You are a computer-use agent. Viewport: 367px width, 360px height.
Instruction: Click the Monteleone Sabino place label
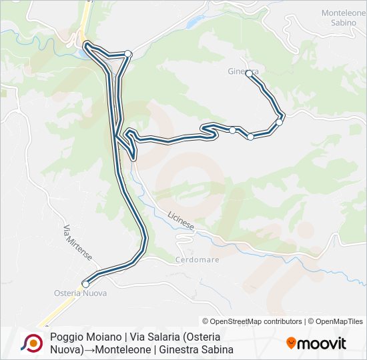coord(344,17)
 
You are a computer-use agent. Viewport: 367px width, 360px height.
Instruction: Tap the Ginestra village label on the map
coord(243,70)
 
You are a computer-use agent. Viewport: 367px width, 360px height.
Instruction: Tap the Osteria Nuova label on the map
coord(79,293)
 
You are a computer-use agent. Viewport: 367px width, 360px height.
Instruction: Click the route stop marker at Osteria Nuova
coord(85,284)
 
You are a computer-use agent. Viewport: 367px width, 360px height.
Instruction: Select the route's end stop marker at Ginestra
coord(249,74)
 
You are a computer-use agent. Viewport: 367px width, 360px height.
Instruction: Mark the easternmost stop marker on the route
coord(280,122)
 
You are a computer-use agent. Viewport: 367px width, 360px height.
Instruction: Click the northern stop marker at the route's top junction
coord(128,53)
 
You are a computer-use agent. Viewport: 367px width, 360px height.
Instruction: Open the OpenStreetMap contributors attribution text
coord(252,321)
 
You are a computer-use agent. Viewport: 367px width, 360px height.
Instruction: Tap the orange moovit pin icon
coord(291,344)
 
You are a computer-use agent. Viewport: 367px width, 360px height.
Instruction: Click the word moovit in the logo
coord(322,344)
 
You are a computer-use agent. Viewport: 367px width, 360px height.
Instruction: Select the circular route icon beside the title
coord(31,343)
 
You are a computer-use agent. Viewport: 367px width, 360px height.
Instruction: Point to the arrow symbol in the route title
coord(90,349)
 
